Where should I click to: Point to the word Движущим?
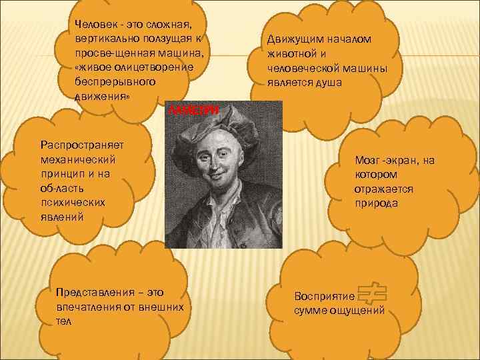tap(290, 39)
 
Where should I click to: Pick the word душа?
tap(330, 83)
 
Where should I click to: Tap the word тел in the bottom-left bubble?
tap(64, 321)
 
